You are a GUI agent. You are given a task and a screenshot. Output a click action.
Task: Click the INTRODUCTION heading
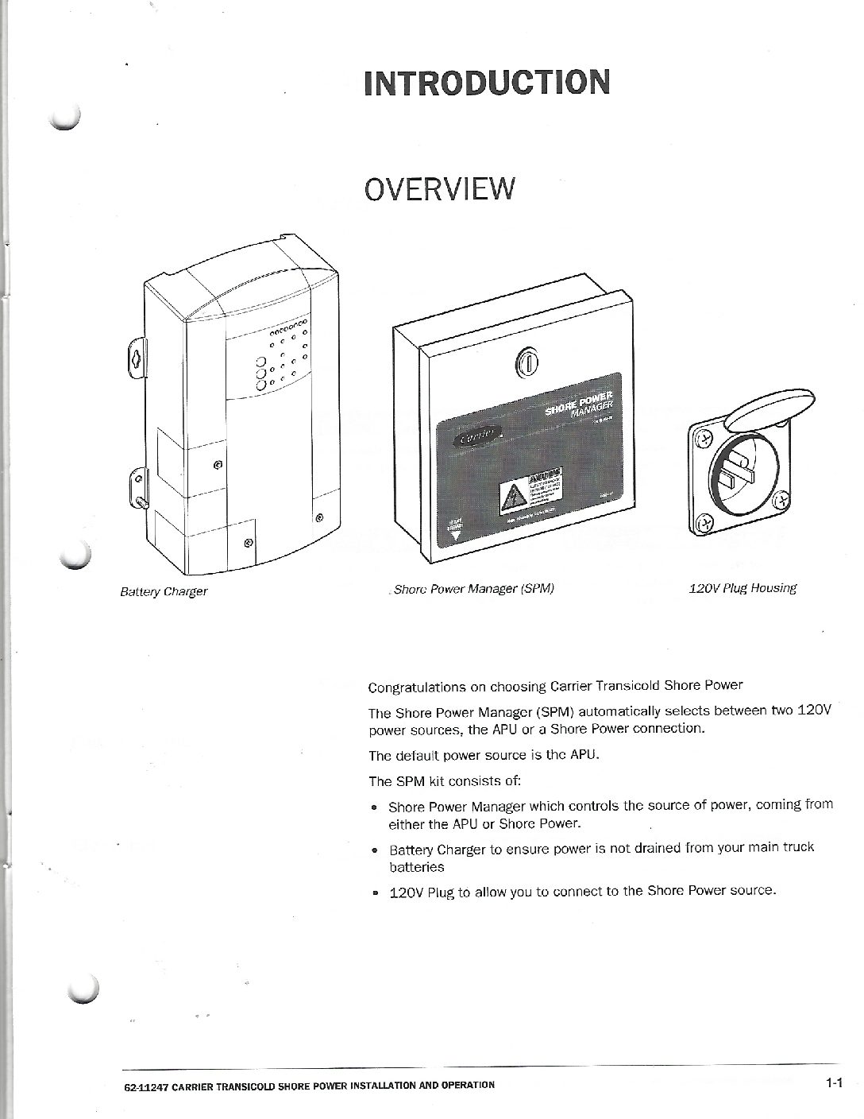point(487,83)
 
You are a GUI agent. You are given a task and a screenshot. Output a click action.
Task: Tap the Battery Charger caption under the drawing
point(164,592)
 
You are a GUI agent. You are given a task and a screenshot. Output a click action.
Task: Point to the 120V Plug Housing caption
point(742,588)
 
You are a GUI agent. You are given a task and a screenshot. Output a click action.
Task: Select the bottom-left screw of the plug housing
point(701,522)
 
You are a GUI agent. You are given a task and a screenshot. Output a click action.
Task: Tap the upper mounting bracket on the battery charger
point(136,356)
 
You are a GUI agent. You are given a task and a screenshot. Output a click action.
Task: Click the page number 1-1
point(832,1082)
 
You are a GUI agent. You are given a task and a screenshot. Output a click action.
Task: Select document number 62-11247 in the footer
point(145,1085)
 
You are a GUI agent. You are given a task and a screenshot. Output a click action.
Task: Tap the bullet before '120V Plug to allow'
point(375,892)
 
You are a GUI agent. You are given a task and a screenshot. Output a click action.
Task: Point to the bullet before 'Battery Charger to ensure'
point(375,850)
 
